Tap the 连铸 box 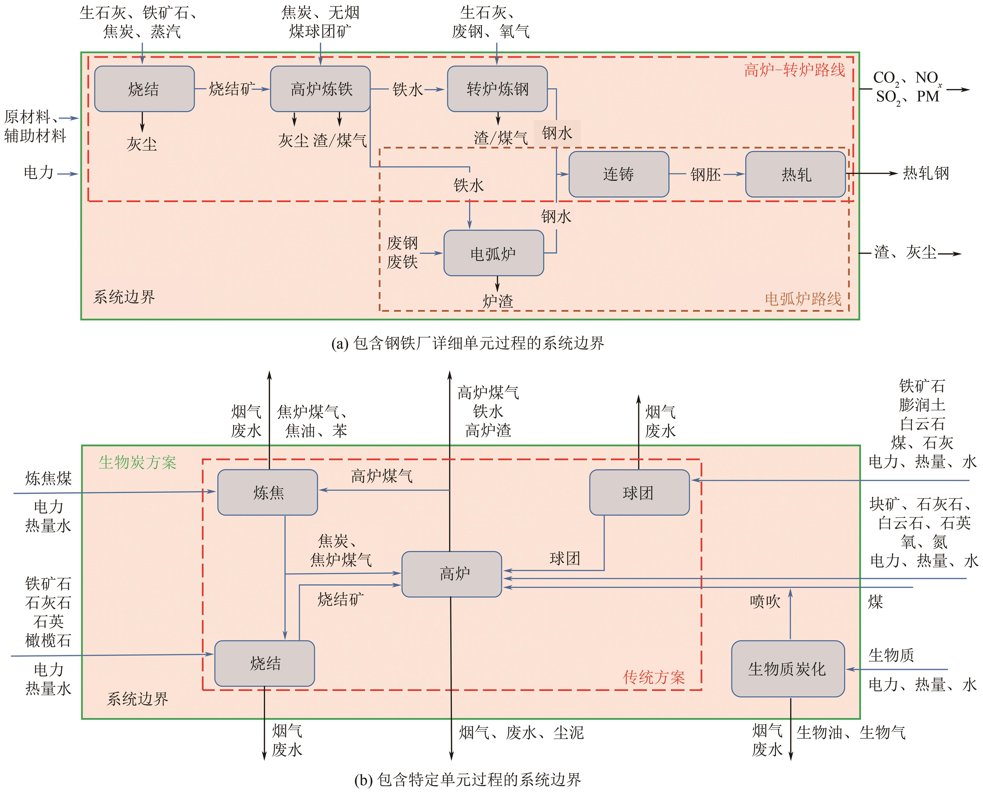coord(619,174)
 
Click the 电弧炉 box coord(493,253)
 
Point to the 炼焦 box coord(268,493)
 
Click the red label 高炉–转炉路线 coord(795,70)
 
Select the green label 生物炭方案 coord(137,462)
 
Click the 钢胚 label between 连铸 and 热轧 coord(705,174)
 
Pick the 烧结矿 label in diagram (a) coord(231,89)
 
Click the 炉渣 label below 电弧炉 coord(498,301)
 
